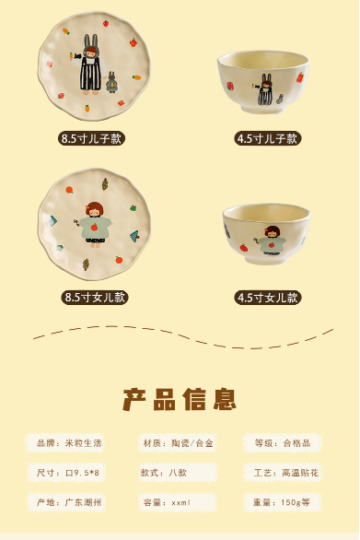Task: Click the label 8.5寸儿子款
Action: [x=91, y=138]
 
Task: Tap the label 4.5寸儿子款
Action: [x=267, y=138]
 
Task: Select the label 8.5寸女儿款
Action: [x=95, y=298]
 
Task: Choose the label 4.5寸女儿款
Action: [x=267, y=298]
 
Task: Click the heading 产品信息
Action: [x=180, y=399]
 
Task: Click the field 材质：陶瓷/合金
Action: [x=178, y=443]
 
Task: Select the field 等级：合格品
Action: [x=283, y=443]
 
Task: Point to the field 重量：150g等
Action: [x=283, y=502]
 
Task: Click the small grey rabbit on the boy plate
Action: [x=111, y=82]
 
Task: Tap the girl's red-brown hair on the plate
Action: [x=94, y=208]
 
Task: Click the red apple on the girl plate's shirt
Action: [x=94, y=228]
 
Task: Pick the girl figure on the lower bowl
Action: [x=272, y=241]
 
